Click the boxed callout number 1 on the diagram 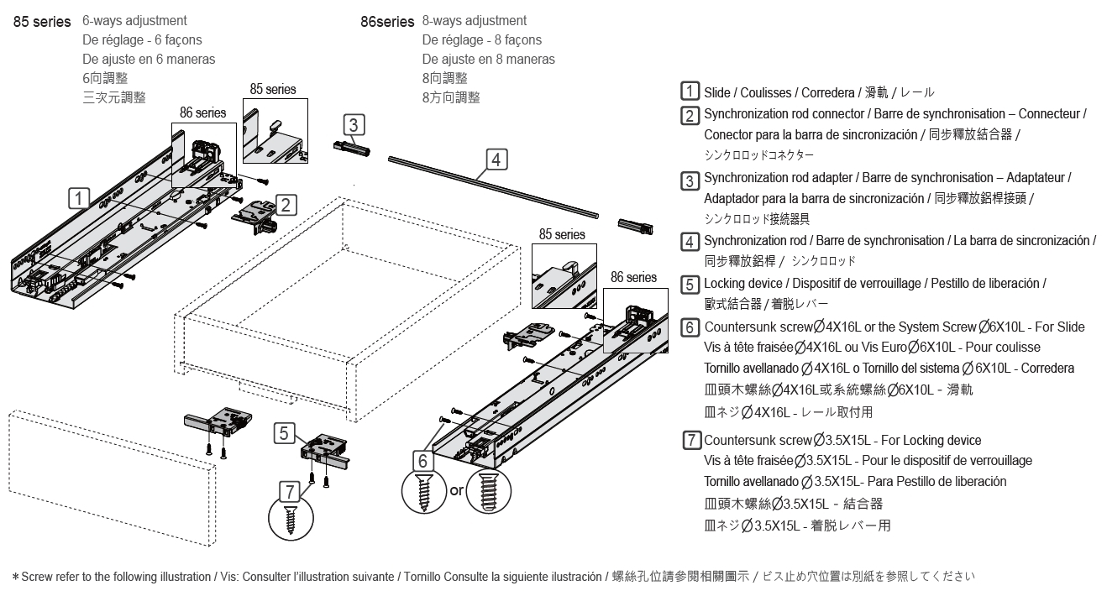(x=78, y=198)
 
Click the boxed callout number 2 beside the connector (x=286, y=203)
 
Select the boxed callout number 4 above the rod (x=496, y=158)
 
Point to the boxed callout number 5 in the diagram (x=285, y=433)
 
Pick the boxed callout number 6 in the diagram (x=424, y=460)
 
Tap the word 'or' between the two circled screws (x=457, y=489)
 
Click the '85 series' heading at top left (x=42, y=22)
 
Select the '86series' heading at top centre (x=387, y=22)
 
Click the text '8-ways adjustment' (x=475, y=21)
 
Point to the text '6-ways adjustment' (x=134, y=21)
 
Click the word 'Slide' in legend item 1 (x=717, y=92)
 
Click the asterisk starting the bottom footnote (x=15, y=578)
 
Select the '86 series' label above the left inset (x=202, y=112)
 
